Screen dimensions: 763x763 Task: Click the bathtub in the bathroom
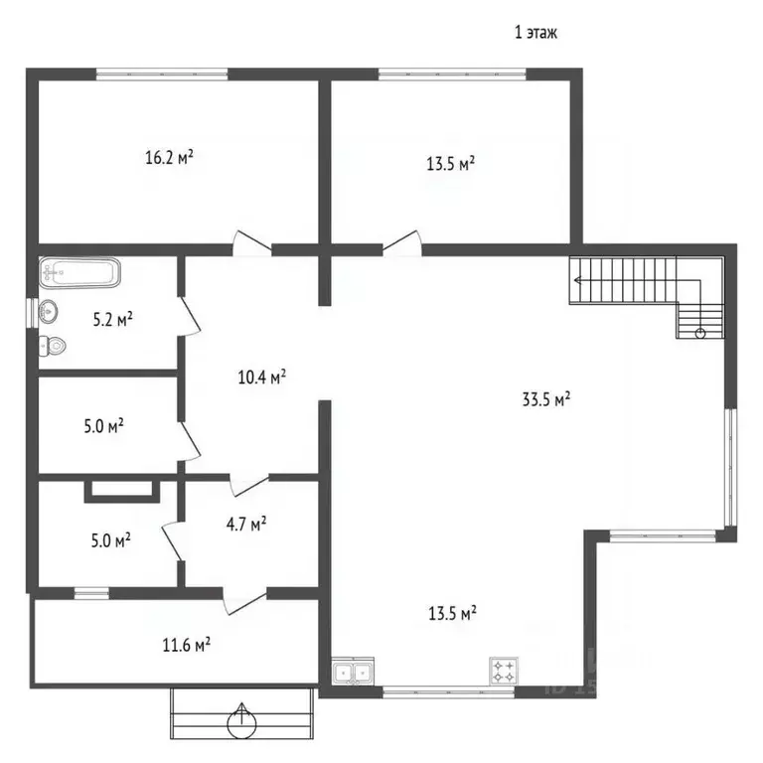(x=79, y=272)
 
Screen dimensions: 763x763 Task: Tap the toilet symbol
(x=53, y=346)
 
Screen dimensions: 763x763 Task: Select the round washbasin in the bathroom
(x=48, y=311)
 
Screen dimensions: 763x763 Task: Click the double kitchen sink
(x=354, y=673)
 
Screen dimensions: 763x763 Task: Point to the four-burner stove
(x=504, y=671)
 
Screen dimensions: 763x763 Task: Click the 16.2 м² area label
(x=169, y=157)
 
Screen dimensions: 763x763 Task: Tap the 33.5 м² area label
(x=546, y=399)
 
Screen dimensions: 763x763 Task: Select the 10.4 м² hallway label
(x=261, y=378)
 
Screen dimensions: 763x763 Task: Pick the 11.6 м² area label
(x=187, y=645)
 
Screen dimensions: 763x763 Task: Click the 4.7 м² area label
(x=246, y=525)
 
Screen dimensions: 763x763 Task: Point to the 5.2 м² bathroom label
(x=113, y=320)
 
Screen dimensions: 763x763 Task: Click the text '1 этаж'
(x=535, y=33)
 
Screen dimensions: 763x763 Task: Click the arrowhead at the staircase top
(x=577, y=280)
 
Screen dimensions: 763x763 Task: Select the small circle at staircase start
(x=700, y=334)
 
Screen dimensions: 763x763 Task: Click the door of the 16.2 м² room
(x=251, y=241)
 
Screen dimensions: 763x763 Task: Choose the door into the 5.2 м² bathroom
(x=190, y=316)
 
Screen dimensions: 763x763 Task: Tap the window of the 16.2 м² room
(x=162, y=74)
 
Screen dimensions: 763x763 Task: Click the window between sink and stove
(x=449, y=691)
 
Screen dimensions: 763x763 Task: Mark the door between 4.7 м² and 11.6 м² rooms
(x=244, y=601)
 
